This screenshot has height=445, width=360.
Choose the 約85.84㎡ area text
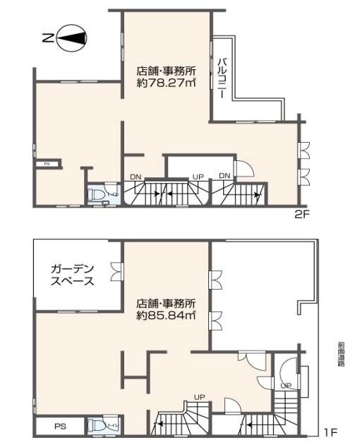[x=166, y=315]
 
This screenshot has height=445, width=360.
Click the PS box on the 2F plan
[x=47, y=163]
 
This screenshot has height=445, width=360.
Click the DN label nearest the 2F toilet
[x=135, y=176]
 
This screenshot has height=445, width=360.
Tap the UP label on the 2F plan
[x=198, y=176]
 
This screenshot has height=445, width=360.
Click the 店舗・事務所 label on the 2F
[x=166, y=71]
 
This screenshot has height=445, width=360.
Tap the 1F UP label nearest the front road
[x=285, y=386]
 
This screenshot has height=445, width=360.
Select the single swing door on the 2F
[x=242, y=168]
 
